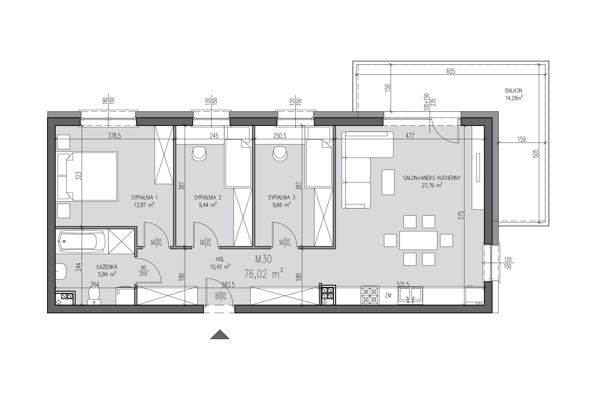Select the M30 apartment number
(263, 259)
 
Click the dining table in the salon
(418, 240)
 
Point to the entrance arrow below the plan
(220, 335)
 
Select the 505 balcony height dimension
(536, 154)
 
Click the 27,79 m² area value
(432, 186)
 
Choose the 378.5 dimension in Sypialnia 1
(115, 136)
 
